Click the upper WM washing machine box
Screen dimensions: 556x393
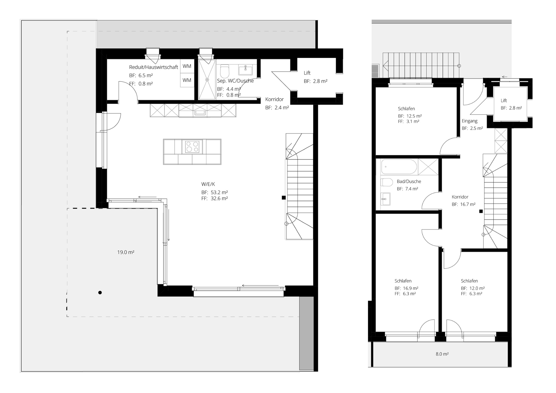click(x=187, y=66)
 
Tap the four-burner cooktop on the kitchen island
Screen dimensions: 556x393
click(x=192, y=147)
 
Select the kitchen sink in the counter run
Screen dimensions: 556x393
click(x=200, y=112)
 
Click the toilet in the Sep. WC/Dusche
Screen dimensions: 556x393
click(x=224, y=71)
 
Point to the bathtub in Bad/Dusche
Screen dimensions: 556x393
click(x=399, y=167)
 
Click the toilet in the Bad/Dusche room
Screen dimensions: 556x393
click(x=386, y=182)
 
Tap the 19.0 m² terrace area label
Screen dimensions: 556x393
click(x=126, y=252)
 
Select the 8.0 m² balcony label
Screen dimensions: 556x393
click(x=442, y=354)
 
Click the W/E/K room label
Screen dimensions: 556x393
click(x=208, y=184)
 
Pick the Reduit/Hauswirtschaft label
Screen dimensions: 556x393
click(x=153, y=67)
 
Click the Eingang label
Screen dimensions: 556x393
click(x=469, y=121)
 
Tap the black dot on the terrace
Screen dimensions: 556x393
click(x=100, y=293)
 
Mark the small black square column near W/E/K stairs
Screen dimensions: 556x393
click(x=284, y=198)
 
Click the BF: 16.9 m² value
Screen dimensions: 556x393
click(x=406, y=288)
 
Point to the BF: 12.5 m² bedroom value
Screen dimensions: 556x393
click(x=410, y=116)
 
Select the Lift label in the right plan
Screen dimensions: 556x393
click(x=504, y=100)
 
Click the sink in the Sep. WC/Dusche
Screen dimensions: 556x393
click(x=245, y=69)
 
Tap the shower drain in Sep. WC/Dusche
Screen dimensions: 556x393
click(x=207, y=80)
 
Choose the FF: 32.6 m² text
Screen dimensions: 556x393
click(x=215, y=198)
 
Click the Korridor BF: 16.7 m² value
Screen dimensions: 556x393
click(x=463, y=204)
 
